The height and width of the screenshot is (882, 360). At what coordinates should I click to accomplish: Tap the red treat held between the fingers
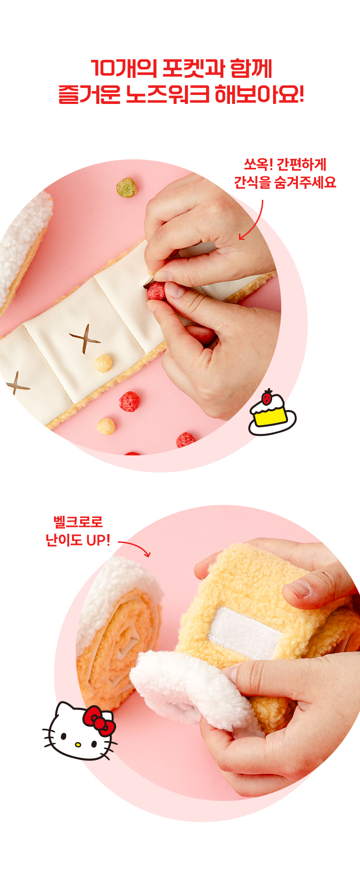point(157,291)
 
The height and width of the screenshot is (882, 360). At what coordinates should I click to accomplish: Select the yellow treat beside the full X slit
point(103,363)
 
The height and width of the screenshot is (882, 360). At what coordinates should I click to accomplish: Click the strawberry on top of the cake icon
point(268,397)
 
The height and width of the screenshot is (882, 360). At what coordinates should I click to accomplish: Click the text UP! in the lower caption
point(98,540)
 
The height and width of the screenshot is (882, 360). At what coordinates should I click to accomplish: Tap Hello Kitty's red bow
point(99,720)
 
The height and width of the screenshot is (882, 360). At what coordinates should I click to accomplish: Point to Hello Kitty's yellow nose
point(78,745)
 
